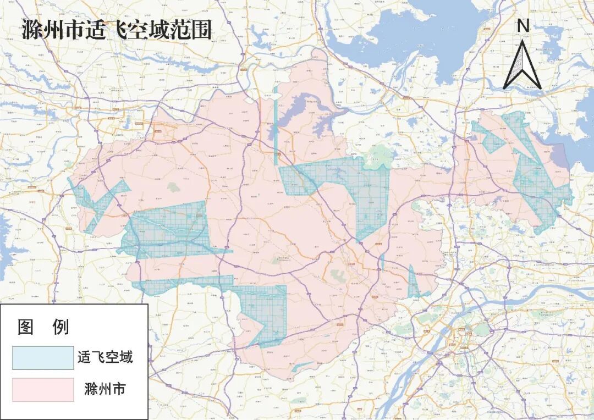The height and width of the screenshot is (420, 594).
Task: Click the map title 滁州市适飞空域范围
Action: coord(117,30)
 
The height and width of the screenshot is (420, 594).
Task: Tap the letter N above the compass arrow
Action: coord(523,25)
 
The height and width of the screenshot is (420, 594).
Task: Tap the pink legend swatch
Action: coord(43,389)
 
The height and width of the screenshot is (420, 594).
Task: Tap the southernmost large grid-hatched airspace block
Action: coord(264,313)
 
